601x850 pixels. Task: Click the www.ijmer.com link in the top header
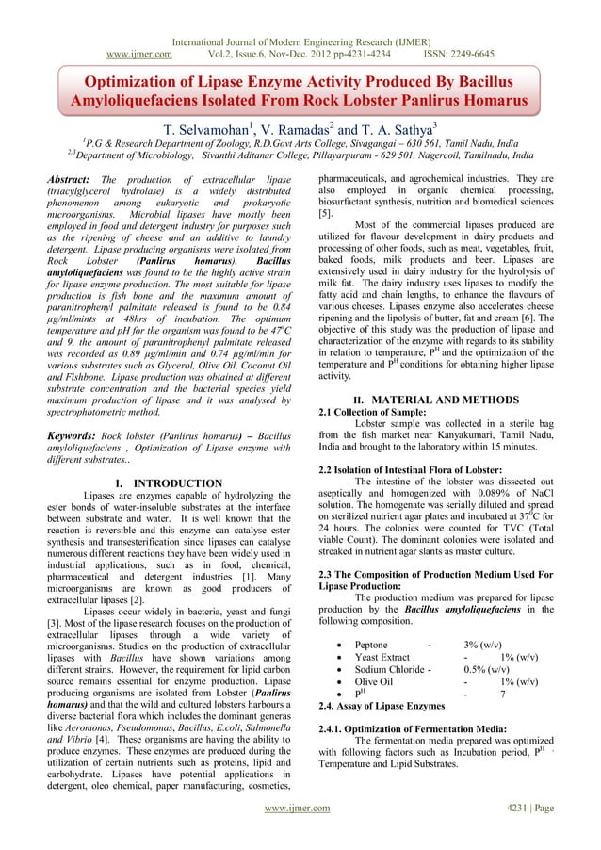(x=138, y=27)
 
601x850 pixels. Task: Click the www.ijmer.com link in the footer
(x=300, y=834)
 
